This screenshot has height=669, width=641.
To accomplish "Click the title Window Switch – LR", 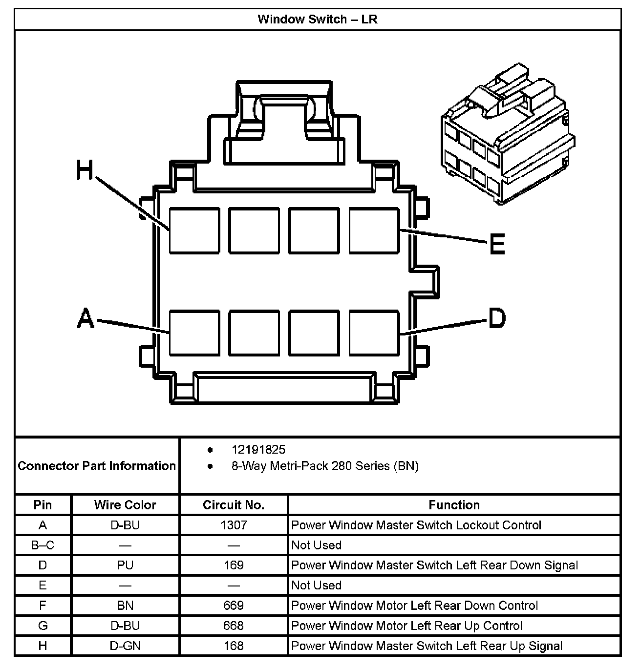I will point(318,20).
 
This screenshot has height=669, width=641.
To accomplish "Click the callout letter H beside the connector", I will point(85,171).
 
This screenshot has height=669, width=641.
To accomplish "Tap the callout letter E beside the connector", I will point(497,244).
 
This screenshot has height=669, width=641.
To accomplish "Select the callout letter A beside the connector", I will point(86,318).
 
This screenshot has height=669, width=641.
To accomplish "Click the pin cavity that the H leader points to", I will point(194,230).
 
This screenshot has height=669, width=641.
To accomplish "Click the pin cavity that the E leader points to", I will point(374,230).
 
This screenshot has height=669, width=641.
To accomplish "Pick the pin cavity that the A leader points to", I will point(194,333).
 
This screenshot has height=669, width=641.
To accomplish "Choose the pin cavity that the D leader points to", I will point(374,333).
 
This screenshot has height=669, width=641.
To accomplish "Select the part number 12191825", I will point(258,450).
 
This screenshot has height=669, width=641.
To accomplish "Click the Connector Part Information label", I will point(97,466).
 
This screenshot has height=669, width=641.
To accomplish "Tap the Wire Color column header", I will point(125,505).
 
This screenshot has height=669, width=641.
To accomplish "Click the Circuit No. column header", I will point(234,505).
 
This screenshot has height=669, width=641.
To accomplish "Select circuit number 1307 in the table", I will point(234,525).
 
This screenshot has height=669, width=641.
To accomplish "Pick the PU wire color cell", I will point(125,565).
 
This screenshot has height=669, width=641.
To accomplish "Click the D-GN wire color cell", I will point(125,646).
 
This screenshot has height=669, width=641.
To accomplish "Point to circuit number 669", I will point(234,606).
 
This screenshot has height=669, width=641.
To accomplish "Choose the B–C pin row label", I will point(43,545).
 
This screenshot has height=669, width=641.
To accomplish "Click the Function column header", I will point(454,505).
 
